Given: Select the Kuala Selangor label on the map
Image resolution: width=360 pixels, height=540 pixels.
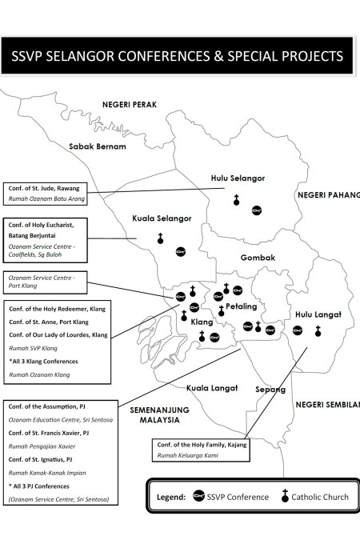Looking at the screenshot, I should [x=162, y=218].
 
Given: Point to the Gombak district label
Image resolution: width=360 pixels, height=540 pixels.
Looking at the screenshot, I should [x=258, y=258].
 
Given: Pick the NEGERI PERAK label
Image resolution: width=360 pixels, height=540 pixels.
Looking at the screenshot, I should [x=129, y=105].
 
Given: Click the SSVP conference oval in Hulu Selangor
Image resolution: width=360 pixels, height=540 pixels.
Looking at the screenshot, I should [x=257, y=210].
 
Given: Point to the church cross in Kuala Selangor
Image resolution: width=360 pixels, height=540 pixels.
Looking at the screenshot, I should [x=160, y=238].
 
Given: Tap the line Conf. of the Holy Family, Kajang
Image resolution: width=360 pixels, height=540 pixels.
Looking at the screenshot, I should [x=199, y=444].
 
